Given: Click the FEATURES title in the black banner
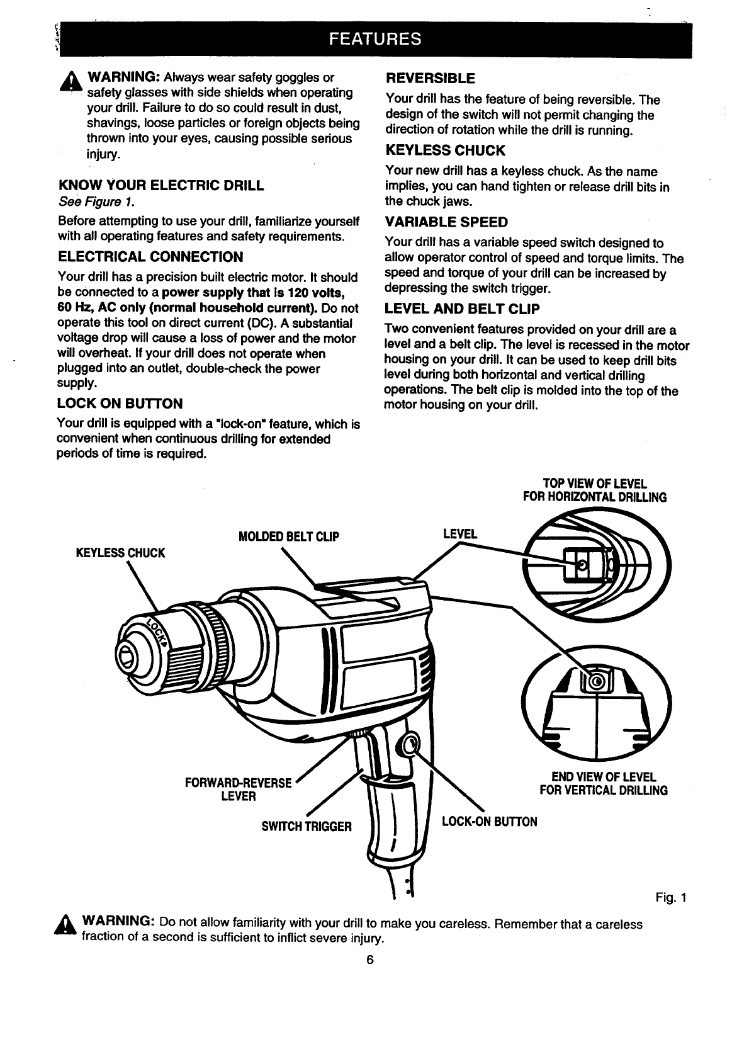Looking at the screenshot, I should (374, 39).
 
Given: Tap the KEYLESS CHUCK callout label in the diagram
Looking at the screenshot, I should (120, 553).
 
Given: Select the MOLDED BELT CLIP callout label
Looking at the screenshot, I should (289, 536).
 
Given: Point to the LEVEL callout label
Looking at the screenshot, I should (460, 534).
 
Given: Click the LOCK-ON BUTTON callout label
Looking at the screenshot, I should (490, 822).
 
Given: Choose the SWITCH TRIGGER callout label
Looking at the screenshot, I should (307, 826).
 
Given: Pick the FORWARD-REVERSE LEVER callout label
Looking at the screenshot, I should (239, 790).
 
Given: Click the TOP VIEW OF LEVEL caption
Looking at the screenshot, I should (595, 490).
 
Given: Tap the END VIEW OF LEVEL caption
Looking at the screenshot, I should (604, 783).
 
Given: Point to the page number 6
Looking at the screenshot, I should (371, 960).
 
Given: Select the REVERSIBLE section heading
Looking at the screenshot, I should (430, 79).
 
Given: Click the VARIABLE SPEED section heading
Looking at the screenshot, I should (446, 222).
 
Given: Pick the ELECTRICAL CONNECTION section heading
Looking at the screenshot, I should (150, 256).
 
